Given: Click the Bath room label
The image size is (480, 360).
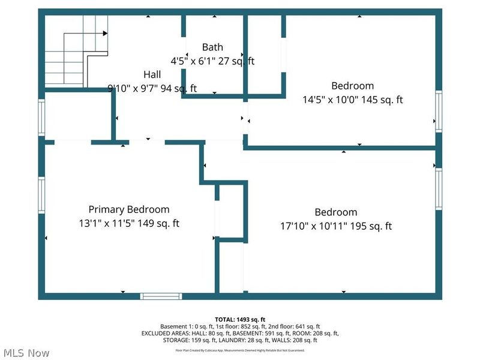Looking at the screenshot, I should [x=212, y=47].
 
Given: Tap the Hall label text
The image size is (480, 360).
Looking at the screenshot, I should [x=152, y=74].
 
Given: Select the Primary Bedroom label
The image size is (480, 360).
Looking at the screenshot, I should [x=129, y=209].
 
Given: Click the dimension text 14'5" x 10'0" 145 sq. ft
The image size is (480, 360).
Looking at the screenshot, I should [x=352, y=100].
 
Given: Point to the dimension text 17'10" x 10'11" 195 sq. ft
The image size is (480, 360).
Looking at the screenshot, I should [x=336, y=226].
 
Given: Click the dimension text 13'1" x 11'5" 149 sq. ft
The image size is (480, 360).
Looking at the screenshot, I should [x=129, y=223].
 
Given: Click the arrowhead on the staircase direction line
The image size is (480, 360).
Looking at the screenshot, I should [x=106, y=34].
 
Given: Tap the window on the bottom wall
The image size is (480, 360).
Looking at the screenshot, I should [x=161, y=296].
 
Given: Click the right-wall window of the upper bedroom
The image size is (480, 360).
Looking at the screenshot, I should [x=439, y=111].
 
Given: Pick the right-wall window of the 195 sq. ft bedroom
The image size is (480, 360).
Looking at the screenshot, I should [x=439, y=189].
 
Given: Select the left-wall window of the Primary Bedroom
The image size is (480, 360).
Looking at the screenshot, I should [x=41, y=194].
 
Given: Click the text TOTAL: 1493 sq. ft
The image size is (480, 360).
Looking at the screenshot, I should [x=240, y=319].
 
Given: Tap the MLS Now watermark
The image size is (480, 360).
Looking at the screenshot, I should [x=27, y=353].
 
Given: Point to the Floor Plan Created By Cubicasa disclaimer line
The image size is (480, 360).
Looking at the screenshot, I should [x=240, y=350].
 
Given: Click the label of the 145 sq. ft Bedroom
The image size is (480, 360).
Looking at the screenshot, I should [x=352, y=86].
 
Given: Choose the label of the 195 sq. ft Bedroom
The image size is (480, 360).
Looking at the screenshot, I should [x=336, y=212].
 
